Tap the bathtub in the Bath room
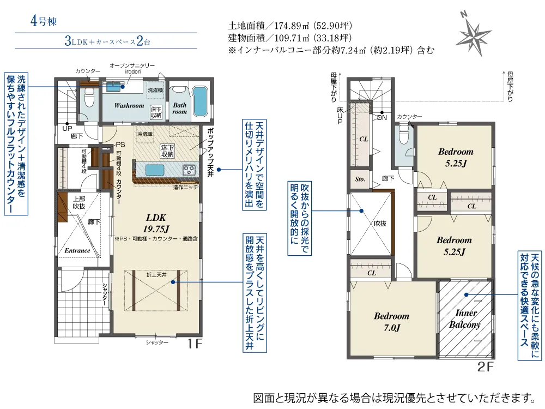tap(199, 101)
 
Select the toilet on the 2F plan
tap(403, 134)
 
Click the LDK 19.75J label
tap(156, 223)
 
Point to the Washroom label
tap(129, 105)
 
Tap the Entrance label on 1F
tap(77, 250)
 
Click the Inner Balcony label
tap(465, 318)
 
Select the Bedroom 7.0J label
tap(392, 322)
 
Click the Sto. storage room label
tap(360, 179)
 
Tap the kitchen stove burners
tap(189, 170)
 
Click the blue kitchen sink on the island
tap(155, 170)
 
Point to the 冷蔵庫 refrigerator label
tap(145, 134)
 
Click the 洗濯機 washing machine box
tap(155, 90)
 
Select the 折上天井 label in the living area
tap(156, 275)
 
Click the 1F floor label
tap(195, 344)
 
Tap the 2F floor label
tap(485, 366)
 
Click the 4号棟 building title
tap(44, 21)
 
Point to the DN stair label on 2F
tap(382, 118)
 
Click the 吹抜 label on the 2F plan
tap(380, 223)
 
